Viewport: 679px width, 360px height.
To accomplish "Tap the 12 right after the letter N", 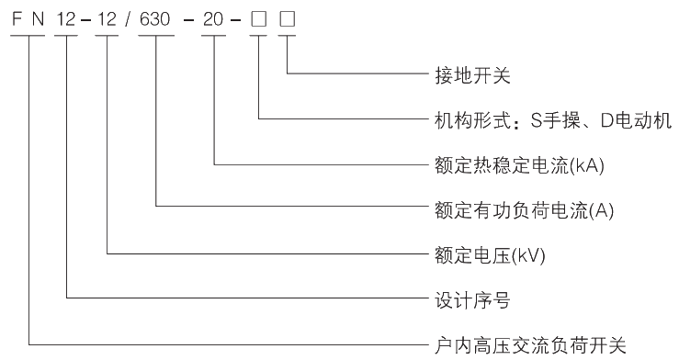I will pyautogui.click(x=66, y=18).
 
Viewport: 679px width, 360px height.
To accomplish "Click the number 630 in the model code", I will pyautogui.click(x=157, y=18).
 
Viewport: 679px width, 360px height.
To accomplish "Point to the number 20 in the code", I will pyautogui.click(x=214, y=18).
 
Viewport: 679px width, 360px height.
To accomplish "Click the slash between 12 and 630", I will pyautogui.click(x=130, y=18).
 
